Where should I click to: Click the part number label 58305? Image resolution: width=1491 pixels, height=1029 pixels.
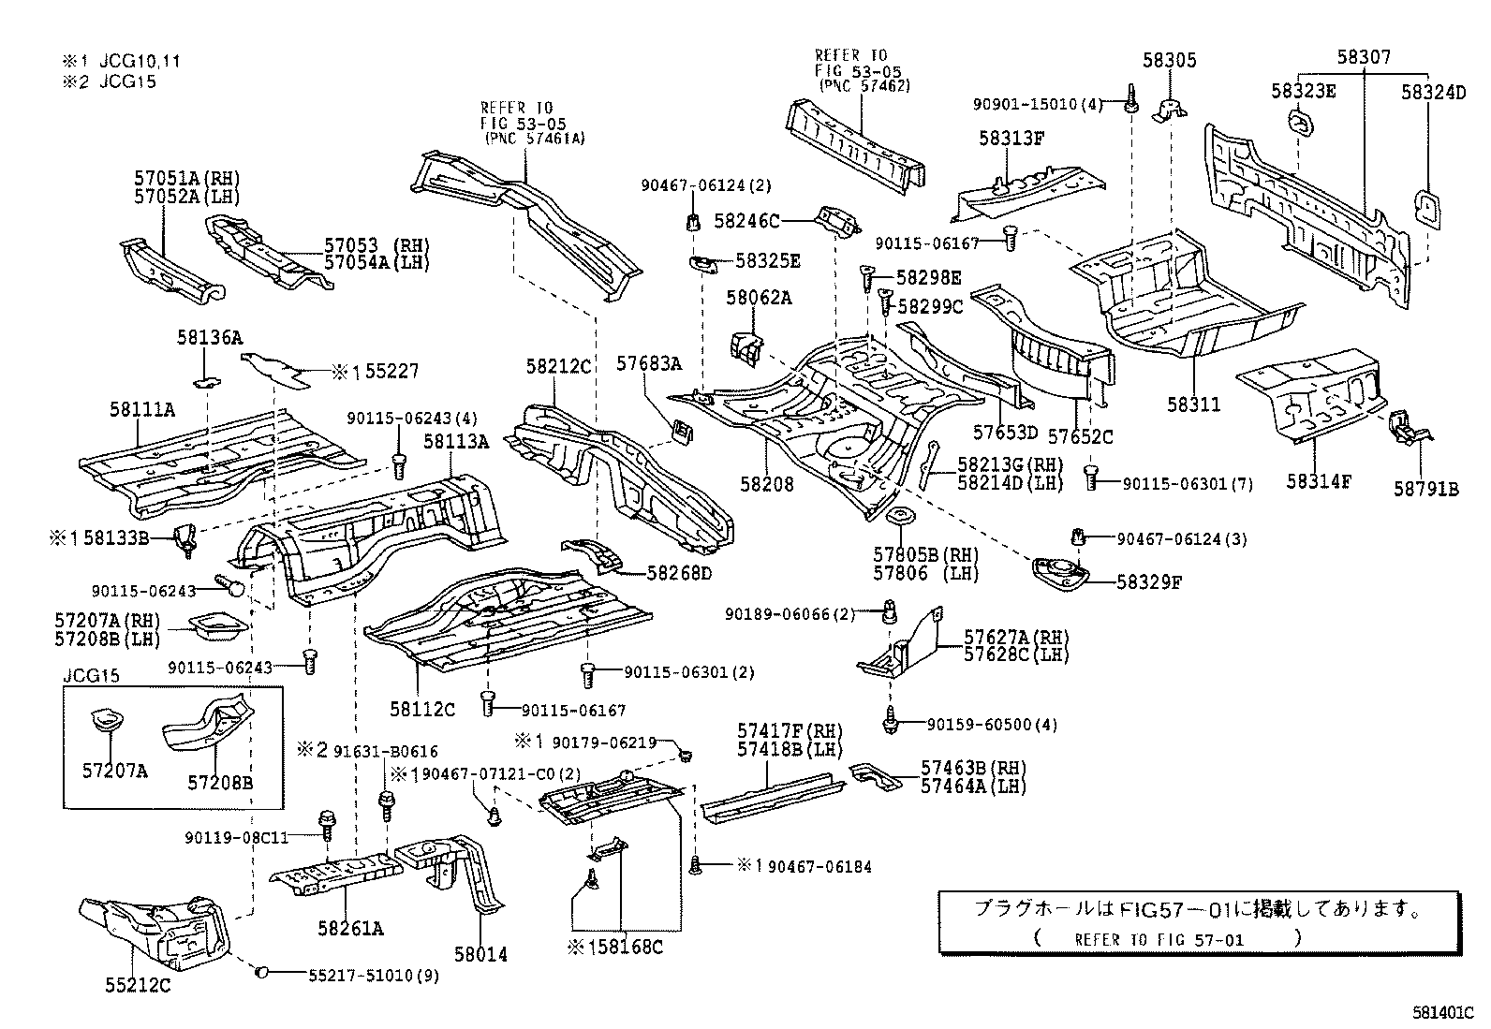[1169, 60]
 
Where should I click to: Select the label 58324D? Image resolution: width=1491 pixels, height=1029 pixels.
[1433, 92]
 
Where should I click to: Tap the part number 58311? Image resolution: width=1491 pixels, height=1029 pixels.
[1193, 404]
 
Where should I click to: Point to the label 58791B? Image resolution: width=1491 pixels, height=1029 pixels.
[1425, 488]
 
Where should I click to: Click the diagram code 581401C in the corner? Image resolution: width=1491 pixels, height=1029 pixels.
[1443, 1013]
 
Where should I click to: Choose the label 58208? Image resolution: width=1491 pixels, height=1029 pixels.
[766, 484]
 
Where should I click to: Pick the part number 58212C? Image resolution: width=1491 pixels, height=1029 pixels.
[558, 366]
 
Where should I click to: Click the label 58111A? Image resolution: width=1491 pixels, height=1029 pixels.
[142, 409]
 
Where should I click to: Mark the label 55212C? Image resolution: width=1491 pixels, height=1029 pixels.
[138, 985]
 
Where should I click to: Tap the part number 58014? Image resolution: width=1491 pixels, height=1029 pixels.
[480, 954]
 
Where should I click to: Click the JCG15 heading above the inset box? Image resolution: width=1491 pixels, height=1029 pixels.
[92, 675]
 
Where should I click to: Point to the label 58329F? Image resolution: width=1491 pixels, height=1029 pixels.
[1149, 581]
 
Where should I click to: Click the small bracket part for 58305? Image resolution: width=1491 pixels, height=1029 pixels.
[1167, 110]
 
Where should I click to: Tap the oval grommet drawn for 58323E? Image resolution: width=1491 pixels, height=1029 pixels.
[1300, 122]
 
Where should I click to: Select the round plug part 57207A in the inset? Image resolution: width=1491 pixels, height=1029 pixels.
[106, 722]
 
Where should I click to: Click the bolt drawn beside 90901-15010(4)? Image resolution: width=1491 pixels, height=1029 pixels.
[1131, 97]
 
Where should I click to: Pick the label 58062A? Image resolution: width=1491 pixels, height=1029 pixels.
[759, 298]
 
